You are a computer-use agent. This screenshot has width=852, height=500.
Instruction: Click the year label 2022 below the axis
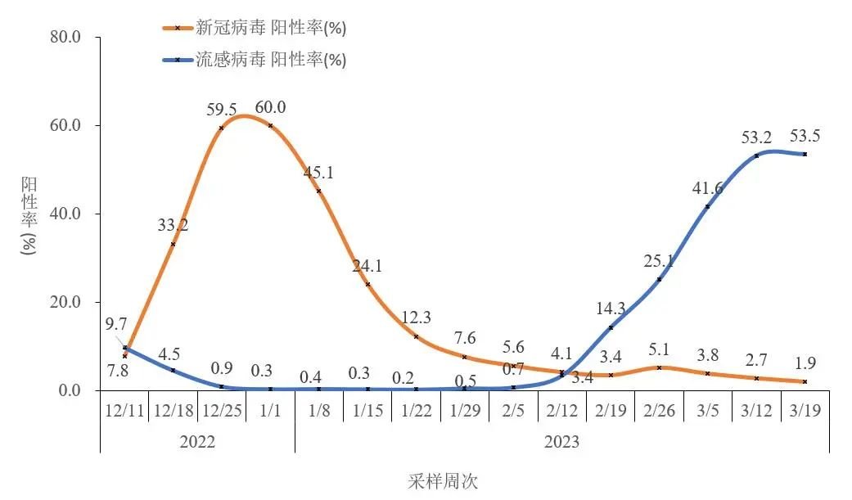coord(197,442)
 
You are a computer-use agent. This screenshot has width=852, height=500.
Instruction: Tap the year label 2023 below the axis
coord(561,442)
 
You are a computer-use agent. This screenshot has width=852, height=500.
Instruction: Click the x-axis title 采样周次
coord(442,481)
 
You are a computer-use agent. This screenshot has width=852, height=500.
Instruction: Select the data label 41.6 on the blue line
coord(707,188)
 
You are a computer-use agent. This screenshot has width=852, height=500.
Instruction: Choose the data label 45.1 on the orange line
coord(319,173)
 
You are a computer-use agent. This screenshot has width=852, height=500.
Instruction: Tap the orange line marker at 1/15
coord(367,284)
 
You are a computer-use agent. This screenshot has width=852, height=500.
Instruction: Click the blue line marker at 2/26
coord(659,279)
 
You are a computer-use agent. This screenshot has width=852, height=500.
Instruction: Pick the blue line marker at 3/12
coord(756,155)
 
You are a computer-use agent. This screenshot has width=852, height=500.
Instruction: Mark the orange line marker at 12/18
coord(173,244)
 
